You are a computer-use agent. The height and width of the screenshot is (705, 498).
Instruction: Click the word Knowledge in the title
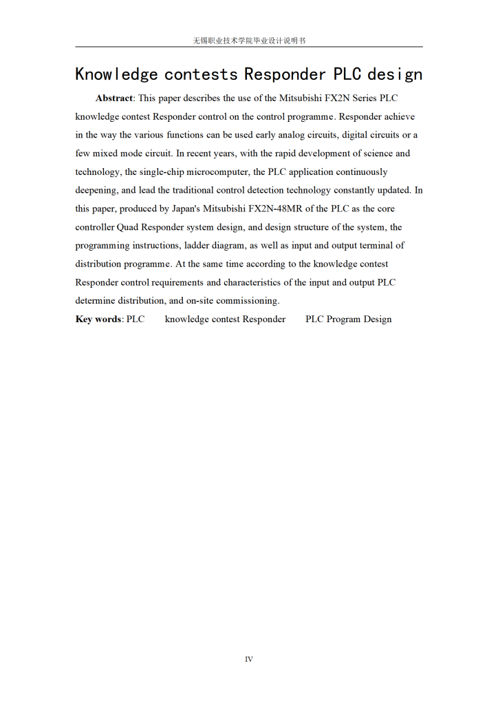[x=116, y=74]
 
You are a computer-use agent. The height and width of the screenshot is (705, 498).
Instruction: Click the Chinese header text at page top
[x=249, y=41]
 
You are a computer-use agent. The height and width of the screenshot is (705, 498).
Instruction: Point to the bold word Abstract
[x=114, y=98]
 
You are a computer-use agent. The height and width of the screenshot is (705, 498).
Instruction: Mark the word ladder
[x=199, y=245]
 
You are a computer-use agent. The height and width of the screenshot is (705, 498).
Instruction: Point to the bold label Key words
[x=98, y=319]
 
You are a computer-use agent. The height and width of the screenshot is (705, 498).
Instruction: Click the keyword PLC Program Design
[x=348, y=319]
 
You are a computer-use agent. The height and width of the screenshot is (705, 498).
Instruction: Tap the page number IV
[x=249, y=660]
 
